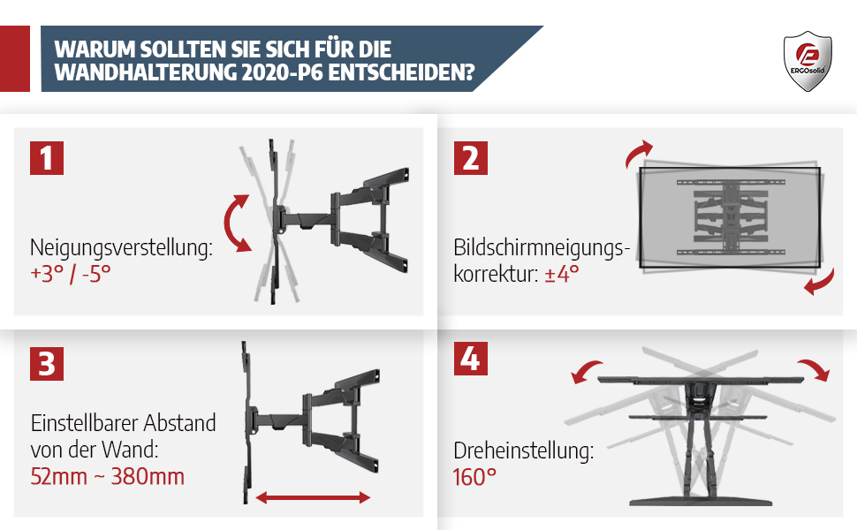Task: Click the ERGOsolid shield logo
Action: coord(808,61)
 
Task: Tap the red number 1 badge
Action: coord(47,158)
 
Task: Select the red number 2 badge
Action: coord(471,158)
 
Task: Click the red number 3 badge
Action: coord(47,363)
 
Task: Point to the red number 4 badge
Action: coord(471,359)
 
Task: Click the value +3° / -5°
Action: coord(71,274)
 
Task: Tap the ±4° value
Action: coord(561,274)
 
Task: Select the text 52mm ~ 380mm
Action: coord(107,476)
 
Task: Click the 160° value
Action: coord(474,477)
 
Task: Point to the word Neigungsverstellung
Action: coord(121,248)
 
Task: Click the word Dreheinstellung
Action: coord(523,451)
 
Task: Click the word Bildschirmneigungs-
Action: coord(542,248)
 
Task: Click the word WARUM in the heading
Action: coord(95,49)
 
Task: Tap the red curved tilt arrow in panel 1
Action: coord(235,223)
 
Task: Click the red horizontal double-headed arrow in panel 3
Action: coord(313,497)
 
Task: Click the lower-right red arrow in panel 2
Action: coord(821,282)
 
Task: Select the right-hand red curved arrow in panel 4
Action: coord(814,369)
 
